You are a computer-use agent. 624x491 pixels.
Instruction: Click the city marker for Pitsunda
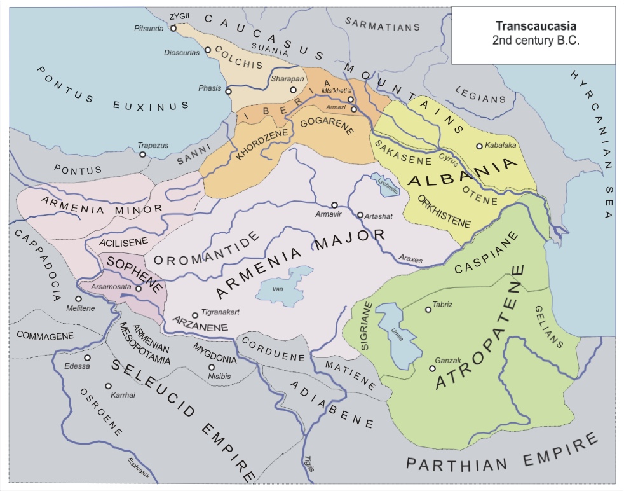point(173,28)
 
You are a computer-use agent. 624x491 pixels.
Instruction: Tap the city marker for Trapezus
point(143,155)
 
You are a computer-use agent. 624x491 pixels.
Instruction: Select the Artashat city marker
point(360,215)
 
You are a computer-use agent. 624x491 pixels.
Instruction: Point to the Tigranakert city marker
point(195,315)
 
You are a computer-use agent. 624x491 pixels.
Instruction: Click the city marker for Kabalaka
point(479,146)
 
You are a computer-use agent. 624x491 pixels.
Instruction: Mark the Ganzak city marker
point(432,368)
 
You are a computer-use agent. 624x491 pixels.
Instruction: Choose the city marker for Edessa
point(87,357)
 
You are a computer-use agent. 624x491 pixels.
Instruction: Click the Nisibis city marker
point(212,367)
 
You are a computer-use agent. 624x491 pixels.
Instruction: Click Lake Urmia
point(394,334)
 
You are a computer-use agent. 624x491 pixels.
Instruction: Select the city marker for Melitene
point(78,298)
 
